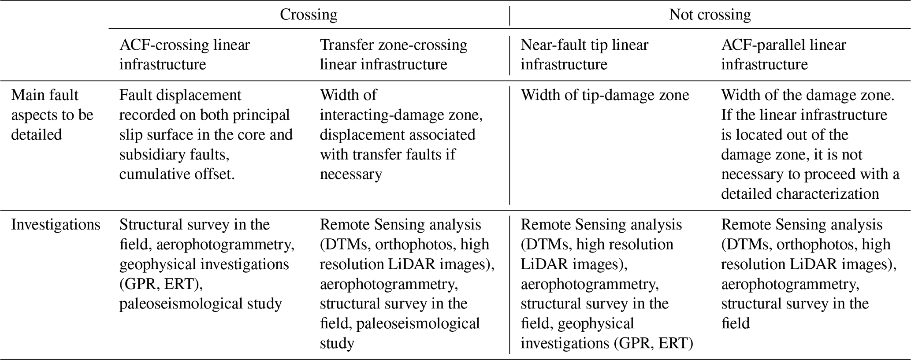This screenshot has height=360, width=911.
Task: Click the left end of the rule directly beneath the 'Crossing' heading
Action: [109, 29]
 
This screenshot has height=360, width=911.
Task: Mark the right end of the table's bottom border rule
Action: [911, 360]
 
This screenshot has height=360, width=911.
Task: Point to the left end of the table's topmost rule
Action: [0, 0]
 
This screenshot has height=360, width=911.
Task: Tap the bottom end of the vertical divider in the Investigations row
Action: [509, 354]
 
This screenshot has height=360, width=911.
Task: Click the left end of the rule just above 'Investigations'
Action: [0, 210]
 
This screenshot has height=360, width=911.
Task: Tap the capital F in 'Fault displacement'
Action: [123, 95]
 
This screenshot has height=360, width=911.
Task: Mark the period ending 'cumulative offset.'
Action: [233, 178]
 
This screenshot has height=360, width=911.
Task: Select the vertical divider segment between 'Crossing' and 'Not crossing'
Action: [509, 16]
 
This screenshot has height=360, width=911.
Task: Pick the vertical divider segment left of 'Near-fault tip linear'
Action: [509, 55]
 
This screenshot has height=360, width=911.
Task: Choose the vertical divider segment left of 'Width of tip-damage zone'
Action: [509, 145]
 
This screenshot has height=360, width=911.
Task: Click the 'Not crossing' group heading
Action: [710, 15]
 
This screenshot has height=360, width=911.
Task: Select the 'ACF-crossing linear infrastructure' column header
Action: [185, 55]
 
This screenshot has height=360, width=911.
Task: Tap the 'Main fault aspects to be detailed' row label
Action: [52, 115]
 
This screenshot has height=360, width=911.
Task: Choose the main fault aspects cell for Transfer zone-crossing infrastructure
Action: [402, 135]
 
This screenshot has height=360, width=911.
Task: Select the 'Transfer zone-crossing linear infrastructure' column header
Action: [394, 55]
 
